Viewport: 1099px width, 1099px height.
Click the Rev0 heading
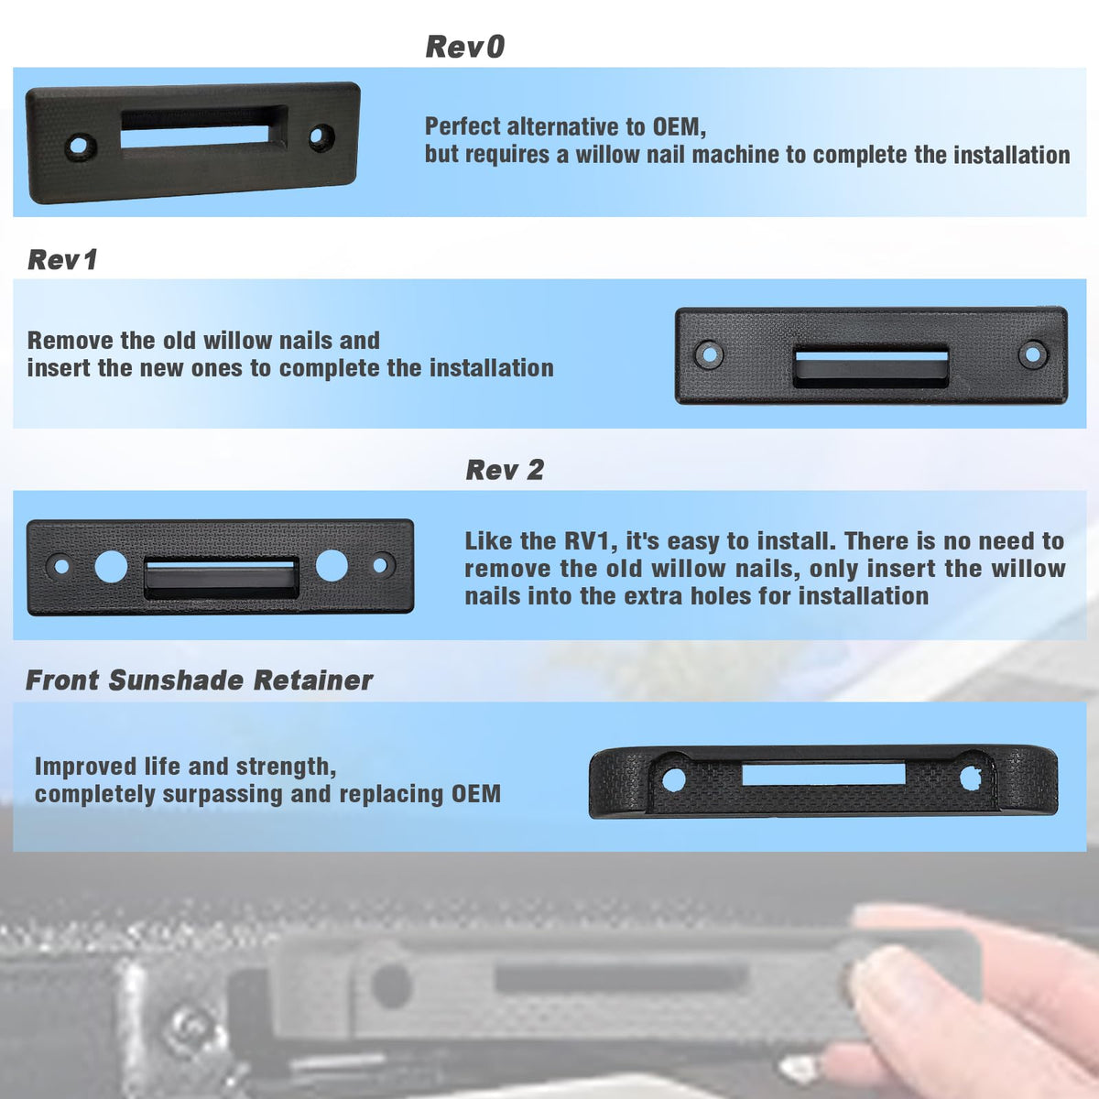(x=465, y=47)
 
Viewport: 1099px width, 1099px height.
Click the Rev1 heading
(x=62, y=259)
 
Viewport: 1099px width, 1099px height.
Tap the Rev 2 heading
(x=505, y=470)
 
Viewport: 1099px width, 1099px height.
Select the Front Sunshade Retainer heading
(x=199, y=680)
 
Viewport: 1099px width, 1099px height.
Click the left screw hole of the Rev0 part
(x=80, y=146)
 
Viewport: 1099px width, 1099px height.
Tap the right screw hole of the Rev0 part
(x=321, y=136)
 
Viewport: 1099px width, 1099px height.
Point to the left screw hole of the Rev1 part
(x=710, y=354)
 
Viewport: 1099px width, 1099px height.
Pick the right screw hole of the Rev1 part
(x=1033, y=354)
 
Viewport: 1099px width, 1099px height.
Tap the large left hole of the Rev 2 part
(x=111, y=566)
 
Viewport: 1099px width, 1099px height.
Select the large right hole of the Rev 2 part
(x=332, y=565)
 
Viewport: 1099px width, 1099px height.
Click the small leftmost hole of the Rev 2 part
(x=61, y=566)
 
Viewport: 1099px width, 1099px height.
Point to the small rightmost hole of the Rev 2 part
(x=380, y=565)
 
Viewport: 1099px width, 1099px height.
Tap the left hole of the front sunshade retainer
(x=673, y=779)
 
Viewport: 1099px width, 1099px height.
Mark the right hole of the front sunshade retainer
(x=970, y=778)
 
